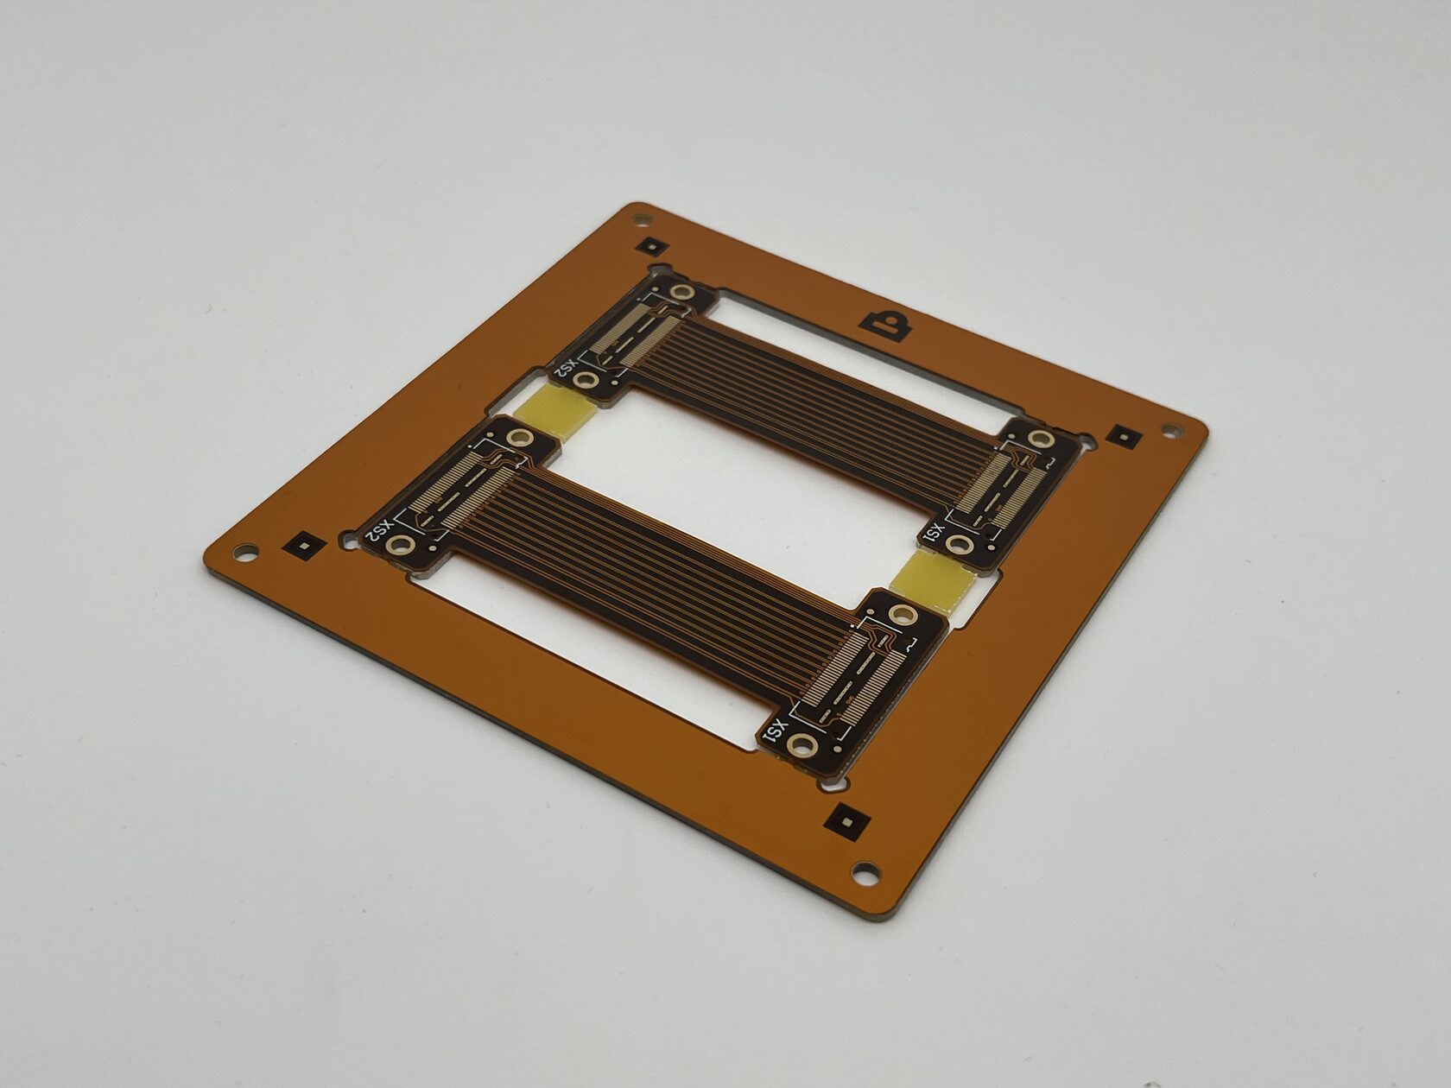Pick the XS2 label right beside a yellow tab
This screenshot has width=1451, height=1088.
[x=567, y=367]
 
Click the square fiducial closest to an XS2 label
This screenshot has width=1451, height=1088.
[x=303, y=546]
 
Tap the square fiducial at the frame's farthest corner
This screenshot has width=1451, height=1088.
[x=652, y=246]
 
